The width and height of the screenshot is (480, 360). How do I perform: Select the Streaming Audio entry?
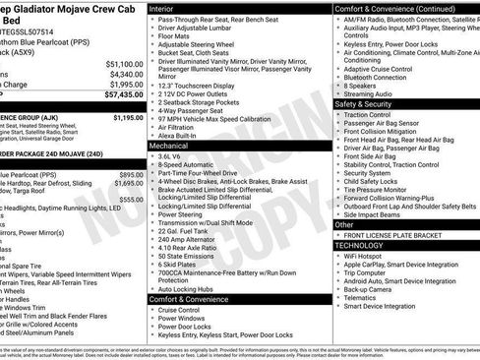click(372, 93)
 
